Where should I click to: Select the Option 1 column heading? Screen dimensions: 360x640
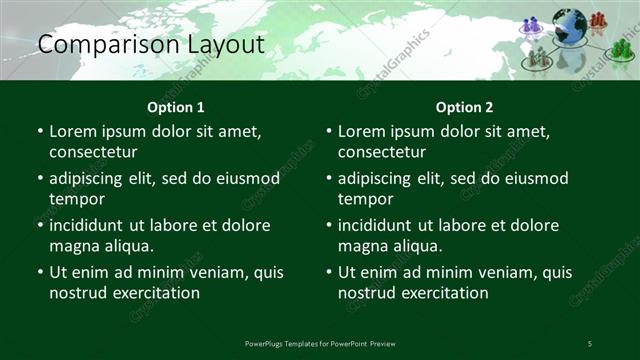tap(176, 107)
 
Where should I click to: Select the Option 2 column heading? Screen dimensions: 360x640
tap(464, 107)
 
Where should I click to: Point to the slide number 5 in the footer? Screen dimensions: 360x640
tap(590, 344)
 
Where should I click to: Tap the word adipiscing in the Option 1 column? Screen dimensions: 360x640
tap(91, 179)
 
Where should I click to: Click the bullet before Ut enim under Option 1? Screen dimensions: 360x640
tap(40, 272)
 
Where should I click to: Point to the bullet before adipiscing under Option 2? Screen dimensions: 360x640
tap(329, 179)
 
